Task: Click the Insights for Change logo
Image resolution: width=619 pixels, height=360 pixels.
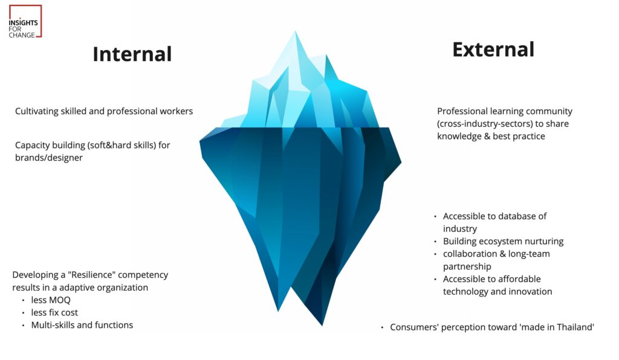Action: tap(25, 21)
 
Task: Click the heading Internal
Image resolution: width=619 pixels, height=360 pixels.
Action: tap(132, 54)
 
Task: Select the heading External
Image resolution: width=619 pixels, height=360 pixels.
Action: tap(493, 50)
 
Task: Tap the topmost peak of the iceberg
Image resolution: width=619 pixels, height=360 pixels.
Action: tap(295, 31)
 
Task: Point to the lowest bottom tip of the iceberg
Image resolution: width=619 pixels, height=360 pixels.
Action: tap(322, 326)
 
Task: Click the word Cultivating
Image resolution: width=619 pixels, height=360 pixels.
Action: tap(37, 112)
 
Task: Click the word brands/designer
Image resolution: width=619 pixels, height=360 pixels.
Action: tap(49, 158)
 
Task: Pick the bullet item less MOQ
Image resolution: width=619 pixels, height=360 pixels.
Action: tap(51, 300)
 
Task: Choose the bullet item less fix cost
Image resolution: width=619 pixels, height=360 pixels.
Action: tap(54, 313)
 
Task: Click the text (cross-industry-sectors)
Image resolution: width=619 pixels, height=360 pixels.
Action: tap(485, 124)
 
